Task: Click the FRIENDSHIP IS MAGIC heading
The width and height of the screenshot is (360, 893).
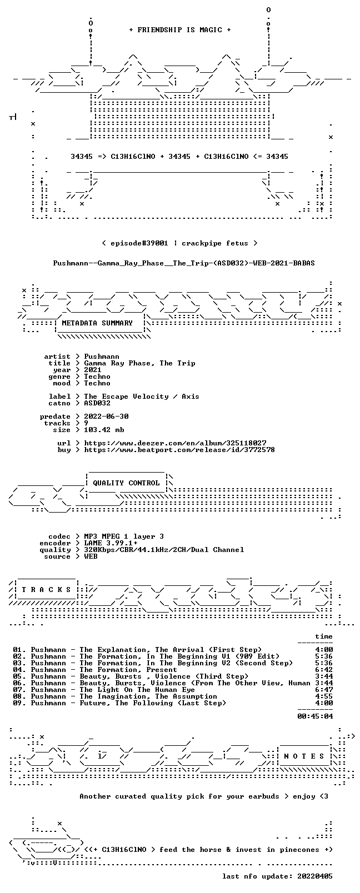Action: (180, 30)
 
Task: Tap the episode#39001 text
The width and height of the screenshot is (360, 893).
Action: (139, 243)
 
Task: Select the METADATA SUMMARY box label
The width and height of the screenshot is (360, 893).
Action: (97, 323)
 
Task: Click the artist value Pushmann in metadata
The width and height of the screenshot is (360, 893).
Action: (102, 357)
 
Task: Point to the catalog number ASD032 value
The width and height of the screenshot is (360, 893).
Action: (97, 403)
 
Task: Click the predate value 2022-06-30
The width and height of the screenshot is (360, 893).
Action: (106, 416)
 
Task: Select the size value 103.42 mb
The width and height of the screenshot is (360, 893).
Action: (104, 430)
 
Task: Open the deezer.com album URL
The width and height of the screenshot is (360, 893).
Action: (175, 443)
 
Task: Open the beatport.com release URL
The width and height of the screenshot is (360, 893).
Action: (179, 450)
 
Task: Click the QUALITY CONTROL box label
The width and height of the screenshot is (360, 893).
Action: (126, 483)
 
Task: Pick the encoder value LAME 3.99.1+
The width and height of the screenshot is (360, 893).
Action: (111, 543)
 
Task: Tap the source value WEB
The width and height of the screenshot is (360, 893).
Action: (91, 556)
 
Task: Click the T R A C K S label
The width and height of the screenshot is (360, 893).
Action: (46, 590)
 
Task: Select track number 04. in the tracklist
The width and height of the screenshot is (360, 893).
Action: (19, 670)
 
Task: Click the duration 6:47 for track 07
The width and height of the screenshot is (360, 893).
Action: (324, 690)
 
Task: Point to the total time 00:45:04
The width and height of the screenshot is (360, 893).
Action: (315, 716)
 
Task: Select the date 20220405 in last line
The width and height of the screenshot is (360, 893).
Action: (315, 876)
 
